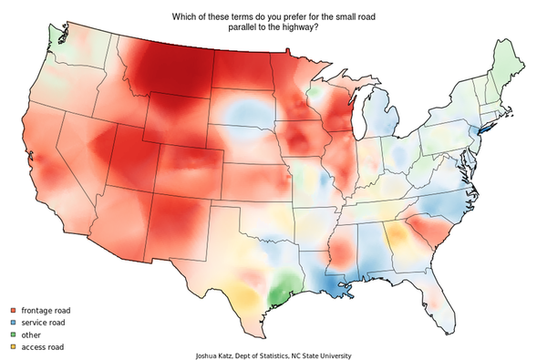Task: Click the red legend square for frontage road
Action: (x=13, y=311)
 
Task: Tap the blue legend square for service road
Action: (x=13, y=323)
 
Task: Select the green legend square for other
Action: (x=13, y=334)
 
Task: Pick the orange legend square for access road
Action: (x=13, y=346)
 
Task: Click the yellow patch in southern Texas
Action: (x=241, y=296)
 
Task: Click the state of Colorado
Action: (x=188, y=165)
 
